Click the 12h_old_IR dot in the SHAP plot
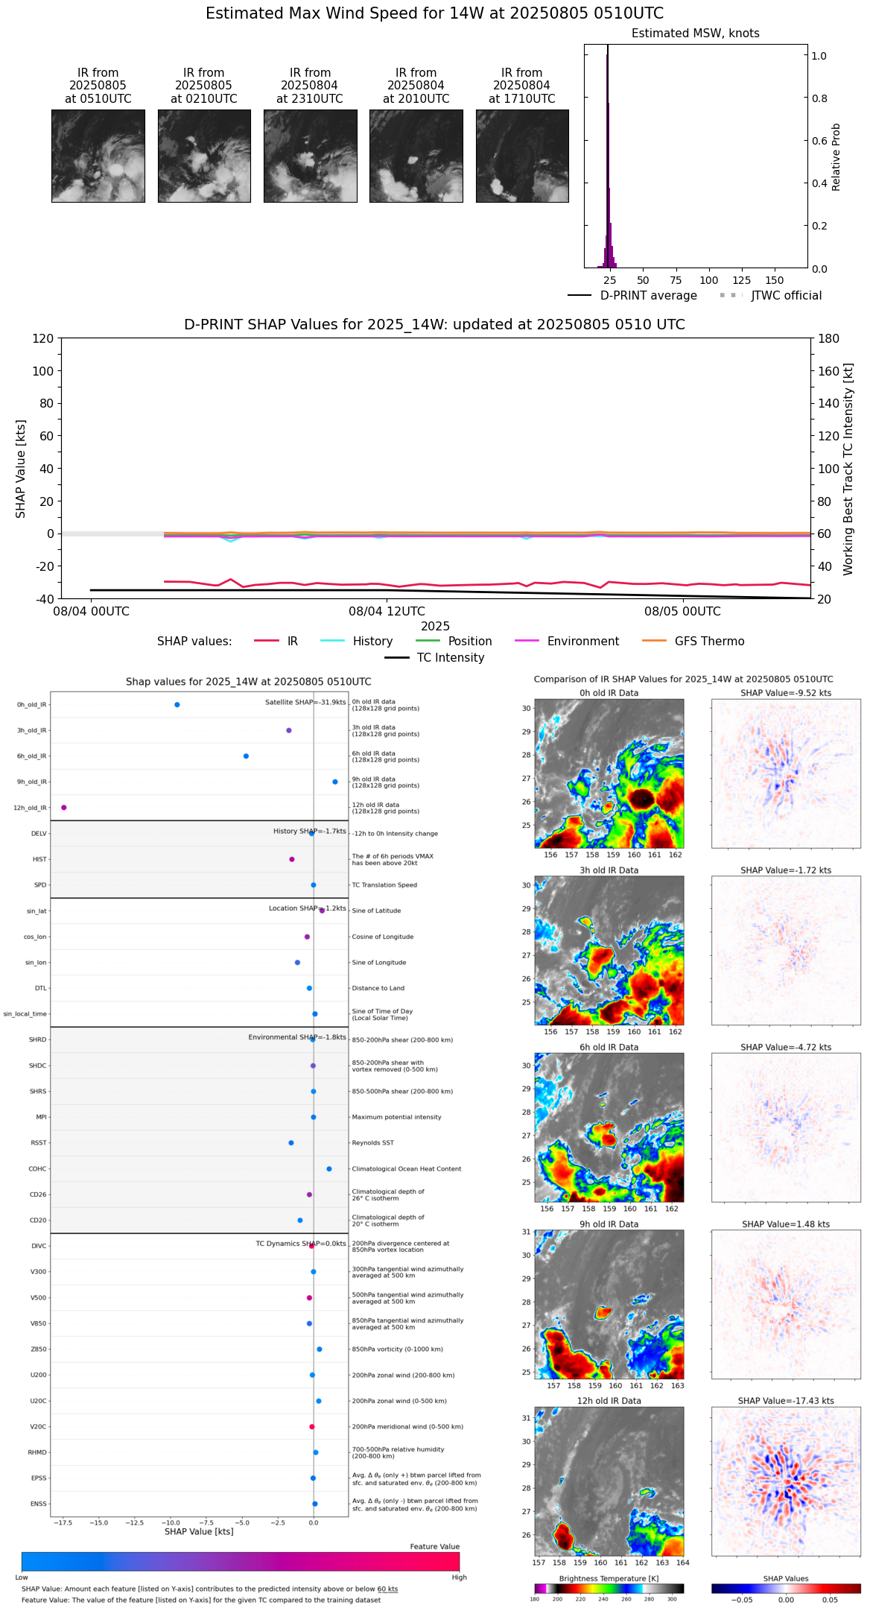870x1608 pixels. [64, 807]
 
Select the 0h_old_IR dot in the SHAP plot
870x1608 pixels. [177, 704]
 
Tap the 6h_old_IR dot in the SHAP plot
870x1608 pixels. [246, 756]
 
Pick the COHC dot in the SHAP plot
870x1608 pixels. [329, 1168]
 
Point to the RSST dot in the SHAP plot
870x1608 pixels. [291, 1142]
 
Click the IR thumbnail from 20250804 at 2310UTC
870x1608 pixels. [310, 156]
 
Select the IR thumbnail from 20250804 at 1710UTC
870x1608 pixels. [522, 156]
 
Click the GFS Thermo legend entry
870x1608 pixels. [709, 641]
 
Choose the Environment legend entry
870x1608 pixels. [582, 641]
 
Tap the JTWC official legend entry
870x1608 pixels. [786, 295]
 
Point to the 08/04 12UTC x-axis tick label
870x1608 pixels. [386, 612]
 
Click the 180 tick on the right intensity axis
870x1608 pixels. [829, 338]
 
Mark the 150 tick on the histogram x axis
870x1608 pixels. [775, 280]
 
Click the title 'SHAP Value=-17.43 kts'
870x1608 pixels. [786, 1401]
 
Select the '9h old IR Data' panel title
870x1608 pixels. [609, 1224]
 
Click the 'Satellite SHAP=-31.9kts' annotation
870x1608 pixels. [305, 702]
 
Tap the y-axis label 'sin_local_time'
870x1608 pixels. [25, 1013]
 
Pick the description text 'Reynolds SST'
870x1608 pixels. [372, 1142]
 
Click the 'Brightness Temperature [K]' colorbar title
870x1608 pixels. [609, 1578]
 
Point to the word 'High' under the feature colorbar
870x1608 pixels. [459, 1577]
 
